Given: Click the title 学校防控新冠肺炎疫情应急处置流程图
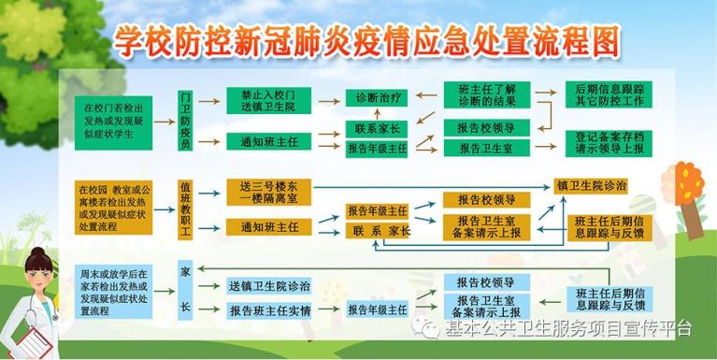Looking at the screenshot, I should pyautogui.click(x=367, y=40).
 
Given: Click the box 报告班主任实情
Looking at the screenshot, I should pyautogui.click(x=269, y=310).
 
